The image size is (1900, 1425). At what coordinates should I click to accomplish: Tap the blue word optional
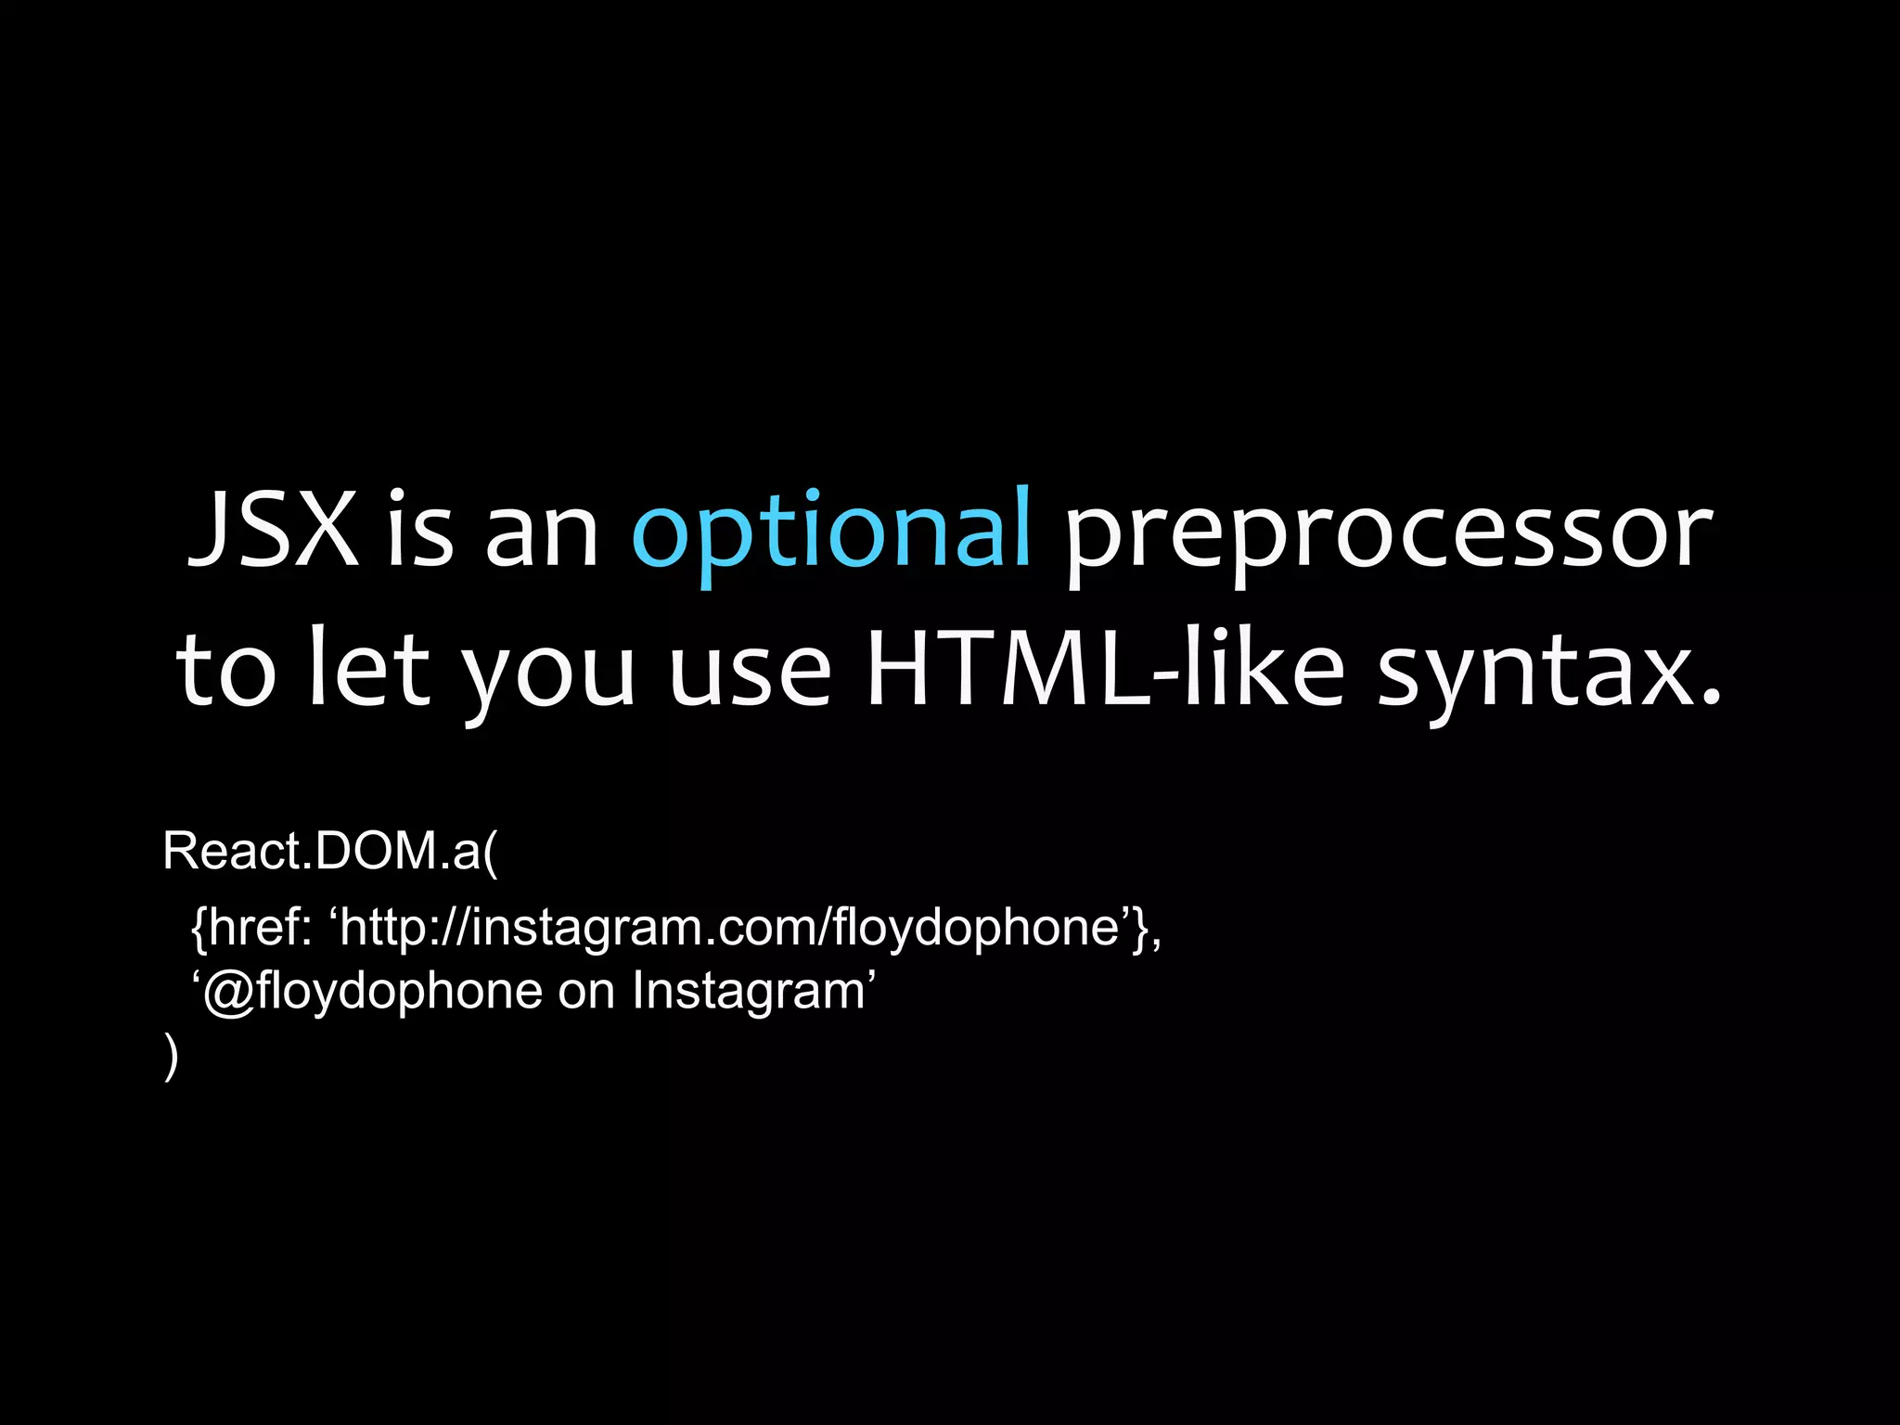coord(831,531)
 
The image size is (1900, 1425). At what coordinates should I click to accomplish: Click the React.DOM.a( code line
coord(330,851)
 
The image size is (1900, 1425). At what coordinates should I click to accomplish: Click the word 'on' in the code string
coord(586,992)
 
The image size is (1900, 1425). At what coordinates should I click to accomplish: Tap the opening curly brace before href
coord(198,928)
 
